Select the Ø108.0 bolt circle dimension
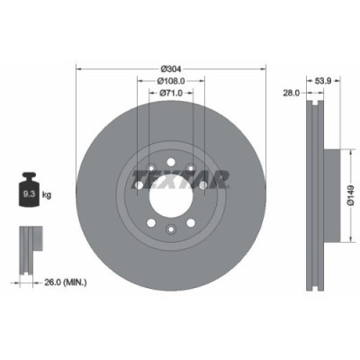pos(171,80)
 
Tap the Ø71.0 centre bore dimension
pos(171,92)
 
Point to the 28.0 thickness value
pos(290,92)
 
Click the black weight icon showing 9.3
pos(28,190)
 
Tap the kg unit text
pos(48,192)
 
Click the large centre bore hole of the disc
pos(171,203)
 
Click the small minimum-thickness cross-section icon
pos(29,243)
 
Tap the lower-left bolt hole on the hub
pos(150,225)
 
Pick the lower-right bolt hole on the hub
pos(191,225)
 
